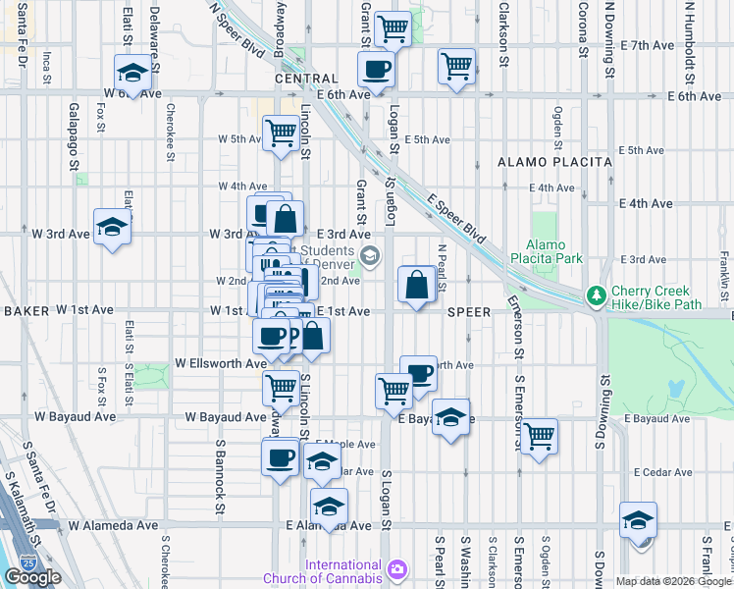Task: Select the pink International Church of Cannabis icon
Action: [397, 568]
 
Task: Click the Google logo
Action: [32, 577]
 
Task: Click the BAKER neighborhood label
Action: [26, 310]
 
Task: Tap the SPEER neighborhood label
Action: [468, 311]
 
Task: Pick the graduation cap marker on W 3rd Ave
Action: [112, 227]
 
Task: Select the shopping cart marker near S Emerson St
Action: [539, 435]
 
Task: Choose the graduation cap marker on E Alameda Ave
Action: [329, 506]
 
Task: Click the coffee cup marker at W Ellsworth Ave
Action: [272, 336]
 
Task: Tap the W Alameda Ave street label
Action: [112, 526]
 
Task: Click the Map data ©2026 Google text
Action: [673, 581]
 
